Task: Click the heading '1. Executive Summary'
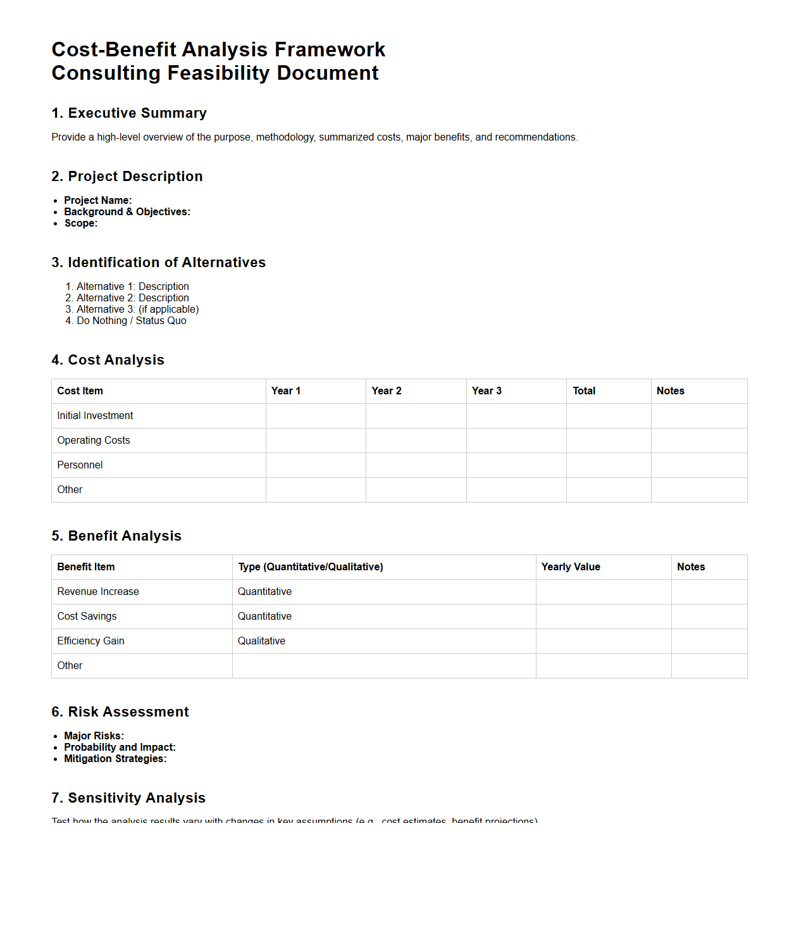[x=129, y=113]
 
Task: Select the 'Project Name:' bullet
[x=97, y=201]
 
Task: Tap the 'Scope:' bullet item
[x=81, y=223]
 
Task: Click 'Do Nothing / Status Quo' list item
[x=131, y=321]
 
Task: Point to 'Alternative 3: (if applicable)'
[x=137, y=310]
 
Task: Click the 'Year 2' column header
[x=386, y=391]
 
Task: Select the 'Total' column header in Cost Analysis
[x=583, y=391]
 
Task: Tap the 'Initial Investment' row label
[x=95, y=416]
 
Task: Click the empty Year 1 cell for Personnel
[x=315, y=465]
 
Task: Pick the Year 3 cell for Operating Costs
[x=516, y=441]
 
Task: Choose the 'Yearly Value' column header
[x=570, y=567]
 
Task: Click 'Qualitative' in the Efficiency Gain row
[x=261, y=641]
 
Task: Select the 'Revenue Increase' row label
[x=98, y=592]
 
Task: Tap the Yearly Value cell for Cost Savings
[x=603, y=617]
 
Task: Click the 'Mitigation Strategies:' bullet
[x=115, y=759]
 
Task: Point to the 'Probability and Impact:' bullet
[x=120, y=748]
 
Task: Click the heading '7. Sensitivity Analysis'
[x=128, y=798]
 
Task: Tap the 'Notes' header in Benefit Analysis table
[x=690, y=567]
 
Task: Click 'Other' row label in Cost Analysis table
[x=70, y=490]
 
